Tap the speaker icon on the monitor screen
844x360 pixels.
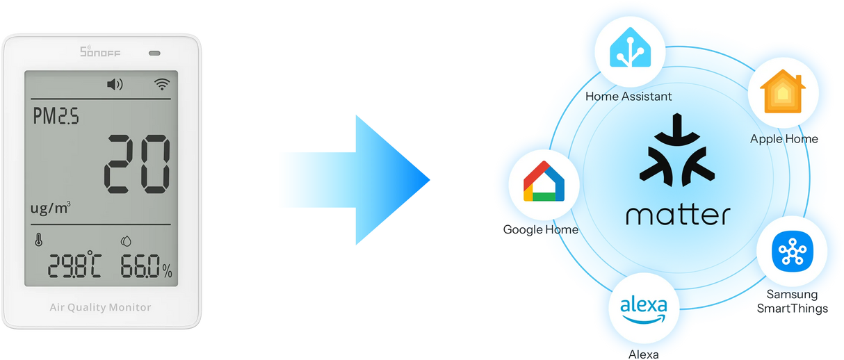(115, 85)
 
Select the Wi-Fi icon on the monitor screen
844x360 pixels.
(162, 85)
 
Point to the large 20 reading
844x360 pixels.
(137, 164)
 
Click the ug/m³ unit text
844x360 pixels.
(50, 207)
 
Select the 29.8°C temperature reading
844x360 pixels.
(74, 265)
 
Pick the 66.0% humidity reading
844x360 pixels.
(146, 265)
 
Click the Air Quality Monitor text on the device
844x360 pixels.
(100, 307)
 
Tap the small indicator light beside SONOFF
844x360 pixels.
(154, 53)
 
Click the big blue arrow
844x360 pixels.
(354, 180)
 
